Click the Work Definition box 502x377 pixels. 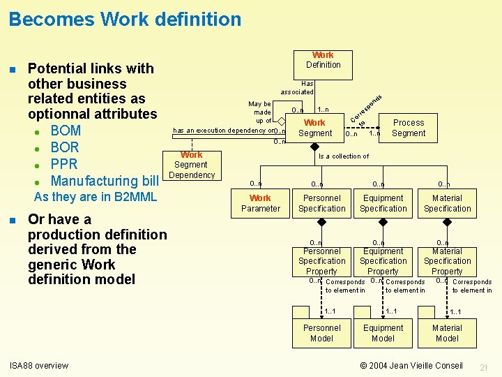pyautogui.click(x=323, y=60)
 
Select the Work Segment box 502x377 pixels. pyautogui.click(x=315, y=128)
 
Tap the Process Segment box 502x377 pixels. pyautogui.click(x=408, y=128)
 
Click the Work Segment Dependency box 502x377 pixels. pyautogui.click(x=191, y=165)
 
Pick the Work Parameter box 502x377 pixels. pyautogui.click(x=260, y=203)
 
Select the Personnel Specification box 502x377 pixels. pyautogui.click(x=321, y=203)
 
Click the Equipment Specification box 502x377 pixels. pyautogui.click(x=383, y=203)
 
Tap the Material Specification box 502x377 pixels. pyautogui.click(x=447, y=203)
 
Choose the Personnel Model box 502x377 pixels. pyautogui.click(x=321, y=333)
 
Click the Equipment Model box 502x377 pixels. pyautogui.click(x=383, y=333)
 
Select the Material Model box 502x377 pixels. pyautogui.click(x=447, y=333)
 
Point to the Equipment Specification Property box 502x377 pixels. pyautogui.click(x=383, y=261)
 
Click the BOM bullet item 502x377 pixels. pyautogui.click(x=66, y=131)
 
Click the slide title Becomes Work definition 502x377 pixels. pyautogui.click(x=125, y=19)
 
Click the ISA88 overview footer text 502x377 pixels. pyautogui.click(x=39, y=365)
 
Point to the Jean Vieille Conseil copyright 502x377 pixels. pyautogui.click(x=411, y=365)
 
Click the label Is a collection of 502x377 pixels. pyautogui.click(x=343, y=156)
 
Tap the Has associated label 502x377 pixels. pyautogui.click(x=298, y=87)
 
